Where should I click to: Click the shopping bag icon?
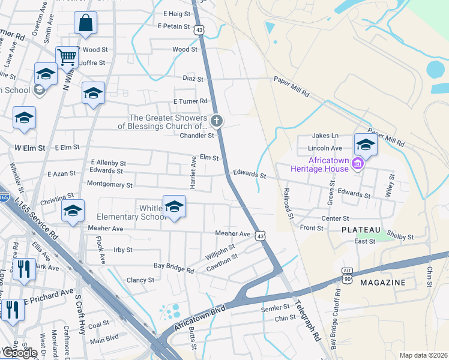click(86, 23)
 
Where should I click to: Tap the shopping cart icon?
click(67, 58)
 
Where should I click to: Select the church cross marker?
click(217, 121)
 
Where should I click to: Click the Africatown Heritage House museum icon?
click(358, 163)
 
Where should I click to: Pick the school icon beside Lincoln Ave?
click(365, 144)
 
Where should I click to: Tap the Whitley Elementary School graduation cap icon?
click(174, 207)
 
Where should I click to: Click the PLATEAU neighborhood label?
click(361, 230)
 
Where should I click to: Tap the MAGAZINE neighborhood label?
click(382, 282)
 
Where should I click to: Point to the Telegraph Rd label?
click(307, 326)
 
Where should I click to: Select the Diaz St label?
click(193, 79)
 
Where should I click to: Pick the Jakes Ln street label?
click(327, 136)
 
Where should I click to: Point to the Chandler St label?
click(193, 136)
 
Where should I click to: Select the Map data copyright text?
click(423, 355)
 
